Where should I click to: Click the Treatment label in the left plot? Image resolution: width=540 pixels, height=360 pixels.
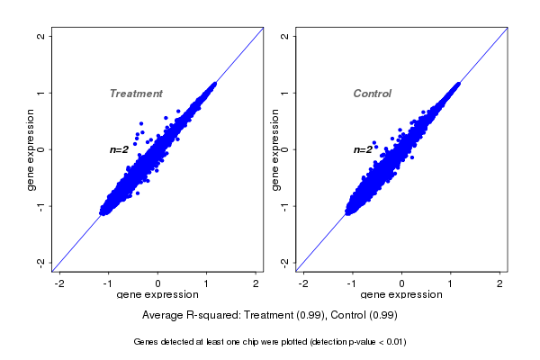pos(136,94)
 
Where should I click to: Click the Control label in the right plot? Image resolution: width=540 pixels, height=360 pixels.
pos(373,94)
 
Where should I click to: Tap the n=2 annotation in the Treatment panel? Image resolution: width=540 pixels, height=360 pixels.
pos(120,149)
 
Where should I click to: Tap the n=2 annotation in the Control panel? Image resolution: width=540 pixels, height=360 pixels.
pos(363,149)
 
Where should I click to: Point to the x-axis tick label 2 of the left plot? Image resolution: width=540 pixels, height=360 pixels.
pos(256,284)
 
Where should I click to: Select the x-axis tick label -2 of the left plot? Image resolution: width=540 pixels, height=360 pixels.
pos(59,284)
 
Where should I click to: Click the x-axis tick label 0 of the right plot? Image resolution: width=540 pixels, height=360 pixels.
pos(402,284)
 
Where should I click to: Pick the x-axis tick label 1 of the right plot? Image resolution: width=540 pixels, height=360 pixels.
pos(451,284)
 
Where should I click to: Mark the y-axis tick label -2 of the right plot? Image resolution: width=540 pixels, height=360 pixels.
pos(285,262)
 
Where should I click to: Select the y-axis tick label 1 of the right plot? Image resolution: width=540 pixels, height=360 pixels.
pos(285,93)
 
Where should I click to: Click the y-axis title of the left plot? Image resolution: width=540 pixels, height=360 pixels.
pos(31,149)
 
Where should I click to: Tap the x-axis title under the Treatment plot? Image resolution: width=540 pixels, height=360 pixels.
pos(158,295)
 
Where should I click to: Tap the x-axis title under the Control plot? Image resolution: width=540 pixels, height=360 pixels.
pos(401,295)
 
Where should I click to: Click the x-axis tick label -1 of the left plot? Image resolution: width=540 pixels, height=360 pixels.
pos(109,284)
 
